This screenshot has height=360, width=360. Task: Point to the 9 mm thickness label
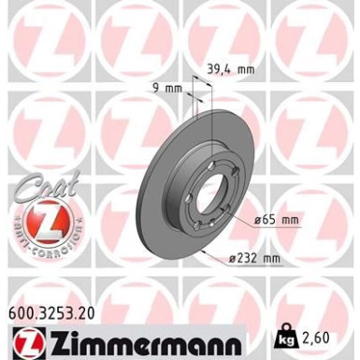pyautogui.click(x=163, y=89)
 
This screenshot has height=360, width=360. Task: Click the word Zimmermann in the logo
pyautogui.click(x=131, y=333)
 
